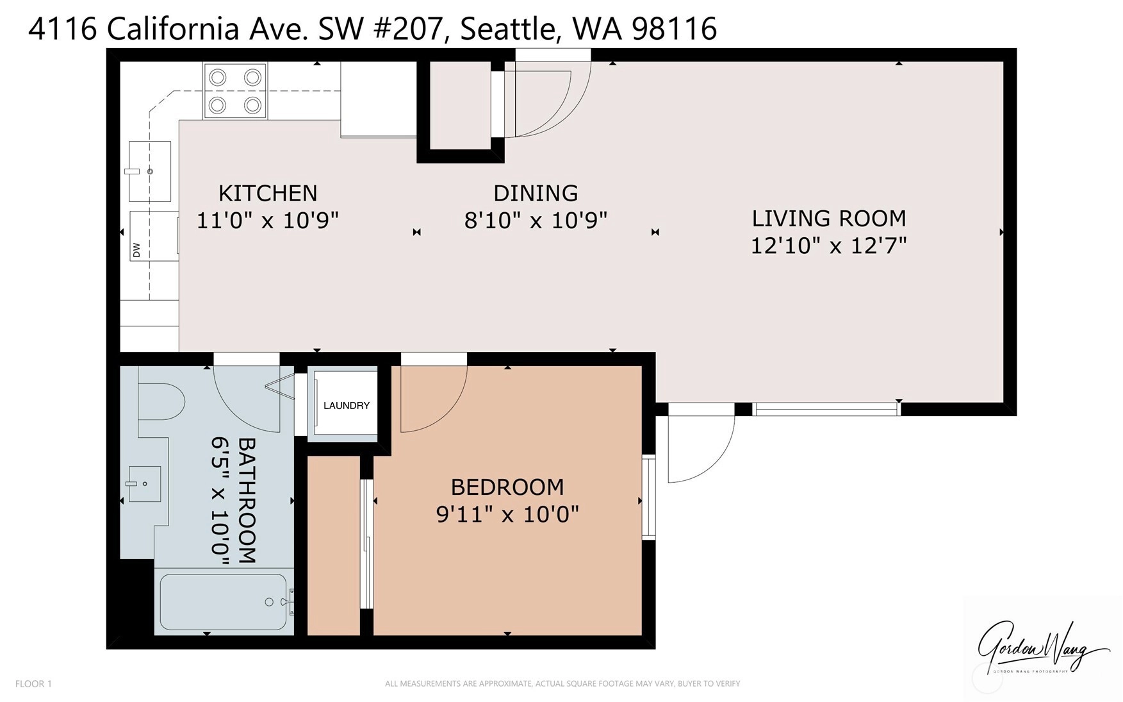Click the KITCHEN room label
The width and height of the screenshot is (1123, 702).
(x=268, y=193)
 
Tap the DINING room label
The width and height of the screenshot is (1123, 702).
(x=536, y=193)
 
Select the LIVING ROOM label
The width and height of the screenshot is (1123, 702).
(x=829, y=219)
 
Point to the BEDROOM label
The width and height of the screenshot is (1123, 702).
(x=507, y=487)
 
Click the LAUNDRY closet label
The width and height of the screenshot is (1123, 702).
(x=347, y=405)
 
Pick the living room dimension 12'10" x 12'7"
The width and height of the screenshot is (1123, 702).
(x=829, y=246)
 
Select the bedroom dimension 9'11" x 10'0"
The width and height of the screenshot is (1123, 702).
(x=507, y=514)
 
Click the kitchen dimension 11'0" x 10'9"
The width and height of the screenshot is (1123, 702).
(x=268, y=221)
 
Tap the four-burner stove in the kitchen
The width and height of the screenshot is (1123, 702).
(x=235, y=90)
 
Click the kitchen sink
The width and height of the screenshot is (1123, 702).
(x=150, y=171)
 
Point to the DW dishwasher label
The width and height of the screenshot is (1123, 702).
(x=136, y=250)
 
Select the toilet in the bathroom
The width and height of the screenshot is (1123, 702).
(x=161, y=402)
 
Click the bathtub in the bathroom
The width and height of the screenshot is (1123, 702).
(x=224, y=602)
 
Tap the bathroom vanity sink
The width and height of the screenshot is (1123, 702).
(x=143, y=483)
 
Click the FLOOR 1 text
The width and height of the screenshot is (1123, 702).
(x=33, y=684)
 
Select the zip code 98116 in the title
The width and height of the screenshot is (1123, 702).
(x=675, y=29)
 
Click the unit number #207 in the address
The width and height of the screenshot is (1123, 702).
(x=407, y=29)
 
